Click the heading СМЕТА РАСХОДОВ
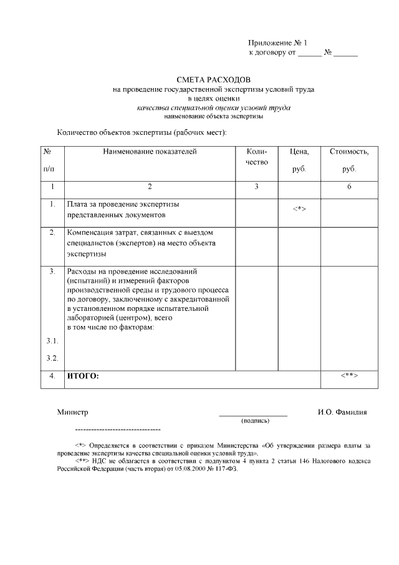(x=214, y=81)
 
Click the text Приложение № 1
(x=278, y=43)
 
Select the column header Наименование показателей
(x=150, y=151)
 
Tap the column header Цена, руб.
(x=299, y=160)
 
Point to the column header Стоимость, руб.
(x=349, y=160)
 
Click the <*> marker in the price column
(x=299, y=209)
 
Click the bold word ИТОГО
(x=83, y=376)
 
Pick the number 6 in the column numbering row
(x=349, y=187)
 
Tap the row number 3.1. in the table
(x=52, y=341)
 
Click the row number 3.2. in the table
(x=52, y=358)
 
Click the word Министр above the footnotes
(x=73, y=413)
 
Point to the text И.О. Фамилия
(x=342, y=413)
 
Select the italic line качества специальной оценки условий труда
(x=214, y=108)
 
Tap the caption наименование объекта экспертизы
(x=214, y=117)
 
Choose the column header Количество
(x=257, y=157)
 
